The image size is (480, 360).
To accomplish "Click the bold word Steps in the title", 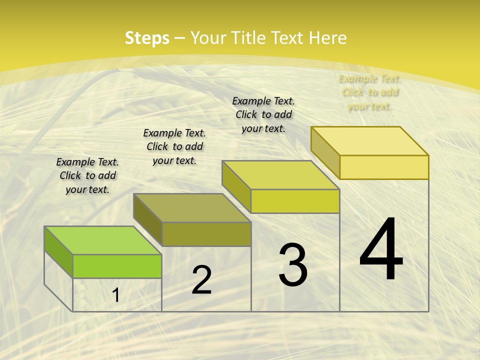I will click(146, 38).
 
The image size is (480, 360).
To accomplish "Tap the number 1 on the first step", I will click(116, 295).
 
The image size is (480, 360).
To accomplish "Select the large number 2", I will click(201, 280).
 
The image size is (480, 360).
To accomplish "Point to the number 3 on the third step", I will click(293, 265).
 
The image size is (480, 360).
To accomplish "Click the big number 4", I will click(381, 250).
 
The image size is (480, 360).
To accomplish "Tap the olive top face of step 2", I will click(192, 207).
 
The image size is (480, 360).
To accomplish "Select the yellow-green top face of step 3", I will click(281, 175).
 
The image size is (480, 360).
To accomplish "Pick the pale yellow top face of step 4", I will click(370, 141).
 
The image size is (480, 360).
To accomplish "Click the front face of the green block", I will click(117, 266).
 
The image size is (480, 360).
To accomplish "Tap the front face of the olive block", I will click(206, 234).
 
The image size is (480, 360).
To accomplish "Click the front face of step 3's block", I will click(295, 201).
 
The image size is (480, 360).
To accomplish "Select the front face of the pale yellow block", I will click(384, 167).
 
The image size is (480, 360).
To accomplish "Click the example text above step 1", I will click(87, 175).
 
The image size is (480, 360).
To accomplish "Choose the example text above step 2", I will click(174, 146).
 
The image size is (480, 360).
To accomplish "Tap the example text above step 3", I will click(263, 114).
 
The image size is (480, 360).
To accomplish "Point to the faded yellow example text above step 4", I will click(369, 92).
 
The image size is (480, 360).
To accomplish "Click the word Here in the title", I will click(328, 38).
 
